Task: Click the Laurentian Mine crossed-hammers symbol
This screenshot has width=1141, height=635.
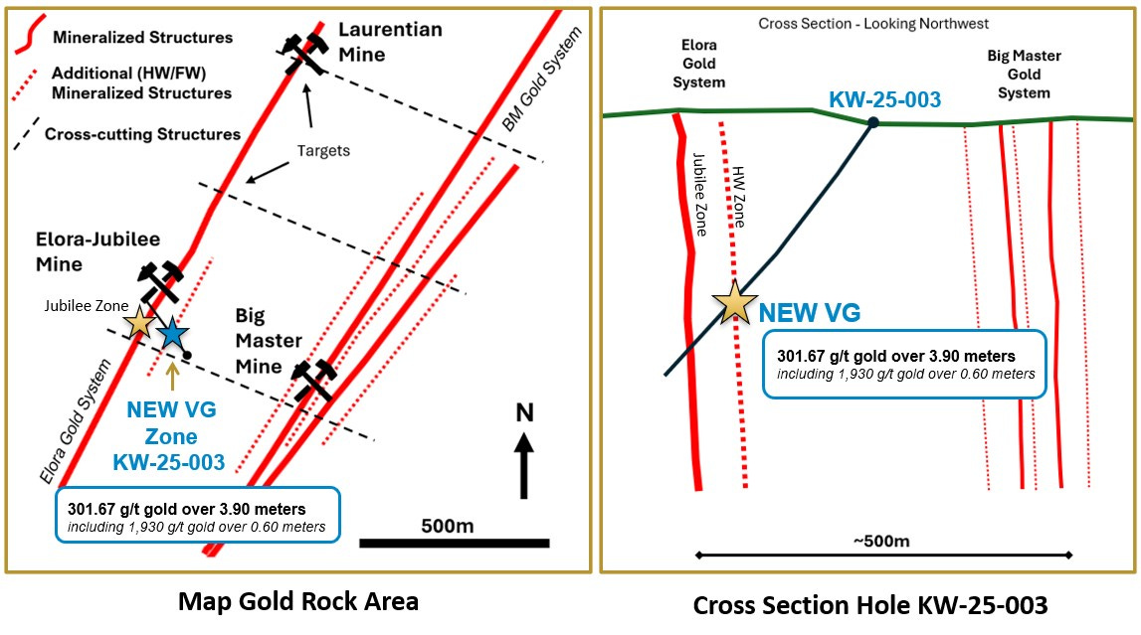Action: point(302,53)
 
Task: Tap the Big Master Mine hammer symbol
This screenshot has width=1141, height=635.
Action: point(313,380)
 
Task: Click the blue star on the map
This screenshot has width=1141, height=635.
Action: point(172,334)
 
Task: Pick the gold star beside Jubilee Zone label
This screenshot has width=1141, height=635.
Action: point(139,323)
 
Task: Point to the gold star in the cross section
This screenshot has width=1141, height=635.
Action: point(735,302)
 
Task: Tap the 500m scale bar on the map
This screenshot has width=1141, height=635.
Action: point(454,543)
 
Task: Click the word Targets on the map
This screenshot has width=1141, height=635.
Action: point(323,150)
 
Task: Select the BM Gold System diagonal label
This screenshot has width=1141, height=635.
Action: point(542,79)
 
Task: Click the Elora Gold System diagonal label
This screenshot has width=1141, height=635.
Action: point(75,421)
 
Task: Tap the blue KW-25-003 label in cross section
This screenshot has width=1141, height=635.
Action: point(885,99)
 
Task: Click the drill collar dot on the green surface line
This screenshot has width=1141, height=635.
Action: point(873,122)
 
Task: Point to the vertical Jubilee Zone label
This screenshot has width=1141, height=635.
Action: point(700,195)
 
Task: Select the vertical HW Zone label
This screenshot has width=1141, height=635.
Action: point(738,197)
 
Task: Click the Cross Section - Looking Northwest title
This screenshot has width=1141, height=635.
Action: point(873,24)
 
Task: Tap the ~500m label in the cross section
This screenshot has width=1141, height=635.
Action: point(881,542)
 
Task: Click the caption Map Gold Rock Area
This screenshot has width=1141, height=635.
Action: point(298,601)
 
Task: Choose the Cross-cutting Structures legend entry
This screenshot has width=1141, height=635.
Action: point(126,134)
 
